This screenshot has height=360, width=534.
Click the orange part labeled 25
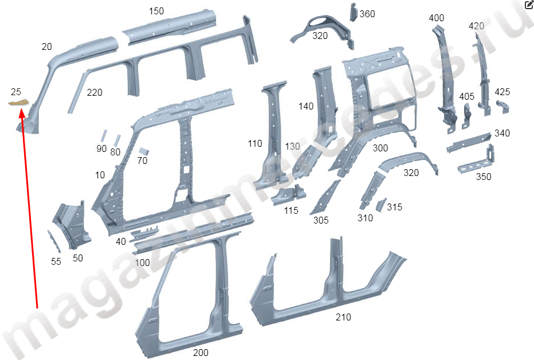click(x=19, y=102)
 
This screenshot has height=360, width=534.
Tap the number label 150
click(x=156, y=11)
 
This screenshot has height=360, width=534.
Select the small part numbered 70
click(x=144, y=151)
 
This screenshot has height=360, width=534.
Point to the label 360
click(x=367, y=14)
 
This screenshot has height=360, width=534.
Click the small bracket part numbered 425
click(x=502, y=107)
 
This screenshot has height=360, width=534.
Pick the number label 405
click(x=466, y=97)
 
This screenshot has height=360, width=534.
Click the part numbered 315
click(x=381, y=204)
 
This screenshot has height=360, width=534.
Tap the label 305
click(x=321, y=220)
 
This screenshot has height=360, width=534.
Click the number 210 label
click(x=343, y=318)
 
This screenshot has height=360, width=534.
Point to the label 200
click(x=201, y=353)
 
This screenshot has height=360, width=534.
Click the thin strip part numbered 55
click(x=54, y=241)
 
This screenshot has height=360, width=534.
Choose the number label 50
click(x=78, y=258)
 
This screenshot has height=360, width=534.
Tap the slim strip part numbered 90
click(x=103, y=136)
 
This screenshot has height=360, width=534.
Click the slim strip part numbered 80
click(x=117, y=140)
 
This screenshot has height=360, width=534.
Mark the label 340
click(x=502, y=133)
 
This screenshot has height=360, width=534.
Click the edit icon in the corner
click(x=529, y=5)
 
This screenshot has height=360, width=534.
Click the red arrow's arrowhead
click(x=22, y=113)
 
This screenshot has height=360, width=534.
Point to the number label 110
click(x=255, y=144)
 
